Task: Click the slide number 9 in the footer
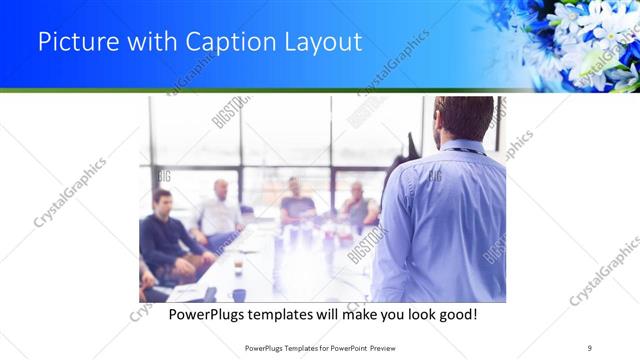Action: coord(590,347)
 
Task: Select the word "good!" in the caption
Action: coord(454,314)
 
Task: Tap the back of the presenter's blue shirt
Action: coord(440,220)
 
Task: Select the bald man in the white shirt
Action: coord(219,210)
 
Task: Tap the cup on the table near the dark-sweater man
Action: coord(237,267)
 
